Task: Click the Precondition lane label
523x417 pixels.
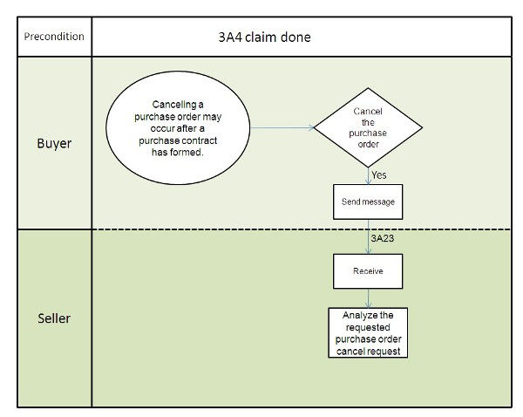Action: pyautogui.click(x=54, y=37)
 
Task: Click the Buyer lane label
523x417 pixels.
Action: pyautogui.click(x=54, y=143)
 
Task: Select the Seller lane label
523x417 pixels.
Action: pyautogui.click(x=54, y=318)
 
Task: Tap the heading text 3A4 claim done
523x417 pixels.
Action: pyautogui.click(x=263, y=38)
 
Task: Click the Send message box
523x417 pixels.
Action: pyautogui.click(x=368, y=202)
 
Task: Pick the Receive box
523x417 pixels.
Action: pyautogui.click(x=368, y=271)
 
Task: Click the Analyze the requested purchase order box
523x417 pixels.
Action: pyautogui.click(x=368, y=332)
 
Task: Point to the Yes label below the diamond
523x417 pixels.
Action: pyautogui.click(x=379, y=174)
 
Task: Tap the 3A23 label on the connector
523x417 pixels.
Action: pyautogui.click(x=381, y=236)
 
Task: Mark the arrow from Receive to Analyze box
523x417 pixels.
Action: pyautogui.click(x=368, y=297)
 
